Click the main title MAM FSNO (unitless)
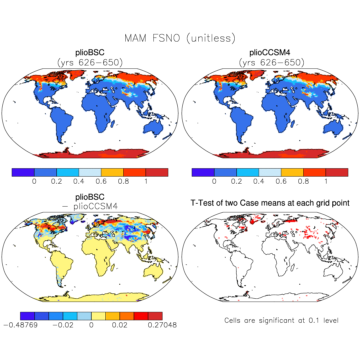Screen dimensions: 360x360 click(x=180, y=38)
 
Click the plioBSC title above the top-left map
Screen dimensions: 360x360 click(x=90, y=53)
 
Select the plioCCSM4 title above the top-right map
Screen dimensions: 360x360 click(x=271, y=53)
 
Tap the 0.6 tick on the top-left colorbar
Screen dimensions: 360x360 click(x=101, y=182)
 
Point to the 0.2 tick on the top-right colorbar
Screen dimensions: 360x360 click(x=236, y=182)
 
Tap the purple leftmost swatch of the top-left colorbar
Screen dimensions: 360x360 click(x=23, y=172)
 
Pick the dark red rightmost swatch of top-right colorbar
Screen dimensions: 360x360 click(x=337, y=172)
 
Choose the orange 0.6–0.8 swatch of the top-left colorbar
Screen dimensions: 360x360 click(x=112, y=172)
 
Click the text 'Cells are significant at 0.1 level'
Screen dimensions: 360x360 click(x=281, y=321)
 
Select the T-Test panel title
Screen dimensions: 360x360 click(x=270, y=203)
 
